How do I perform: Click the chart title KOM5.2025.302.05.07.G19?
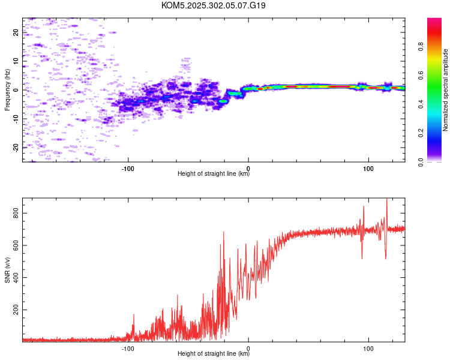click(214, 5)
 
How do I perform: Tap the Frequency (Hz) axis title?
click(7, 90)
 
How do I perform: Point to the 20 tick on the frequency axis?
click(16, 32)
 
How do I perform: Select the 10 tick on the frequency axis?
click(16, 61)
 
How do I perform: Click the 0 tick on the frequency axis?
click(16, 90)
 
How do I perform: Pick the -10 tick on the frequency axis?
click(16, 119)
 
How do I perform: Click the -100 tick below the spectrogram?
click(127, 168)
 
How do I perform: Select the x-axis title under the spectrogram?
click(214, 175)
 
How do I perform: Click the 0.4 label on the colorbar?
click(437, 104)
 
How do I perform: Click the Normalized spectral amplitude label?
click(446, 90)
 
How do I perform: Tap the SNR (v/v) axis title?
click(7, 270)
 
